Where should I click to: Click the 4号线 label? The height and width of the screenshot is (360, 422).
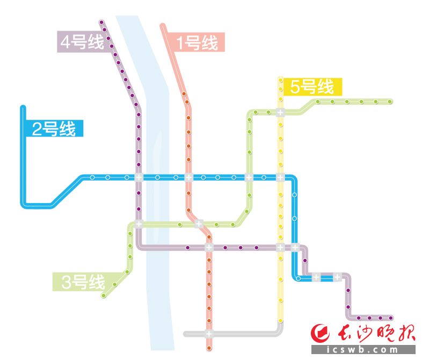pos(81,42)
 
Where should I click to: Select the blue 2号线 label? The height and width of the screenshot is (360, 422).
pos(54,129)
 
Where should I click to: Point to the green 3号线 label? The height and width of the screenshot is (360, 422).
pos(81,282)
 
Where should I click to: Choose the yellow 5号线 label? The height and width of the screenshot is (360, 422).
pos(311,87)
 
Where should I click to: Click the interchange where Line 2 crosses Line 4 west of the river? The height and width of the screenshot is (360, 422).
pos(139,177)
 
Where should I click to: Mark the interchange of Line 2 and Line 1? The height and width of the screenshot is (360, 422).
pos(188,177)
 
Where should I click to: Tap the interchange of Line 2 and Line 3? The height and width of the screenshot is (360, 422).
pos(249,177)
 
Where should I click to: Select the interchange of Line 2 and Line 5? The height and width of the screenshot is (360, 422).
pos(280,177)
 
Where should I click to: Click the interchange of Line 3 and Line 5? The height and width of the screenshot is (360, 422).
pos(280,113)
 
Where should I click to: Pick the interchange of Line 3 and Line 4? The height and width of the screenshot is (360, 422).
pos(139,224)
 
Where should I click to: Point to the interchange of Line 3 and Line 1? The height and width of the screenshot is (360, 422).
pos(199,224)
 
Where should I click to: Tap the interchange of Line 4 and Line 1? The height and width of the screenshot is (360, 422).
pos(209,248)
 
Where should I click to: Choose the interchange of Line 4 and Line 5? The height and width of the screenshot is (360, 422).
pos(280,248)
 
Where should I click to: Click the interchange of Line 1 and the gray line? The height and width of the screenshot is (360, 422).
pos(209,334)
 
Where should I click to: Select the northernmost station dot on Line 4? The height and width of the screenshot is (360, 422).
pos(101,23)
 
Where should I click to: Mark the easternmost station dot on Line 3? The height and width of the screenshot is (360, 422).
pos(390,101)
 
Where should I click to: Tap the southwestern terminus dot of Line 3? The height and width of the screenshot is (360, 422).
pos(104,296)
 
